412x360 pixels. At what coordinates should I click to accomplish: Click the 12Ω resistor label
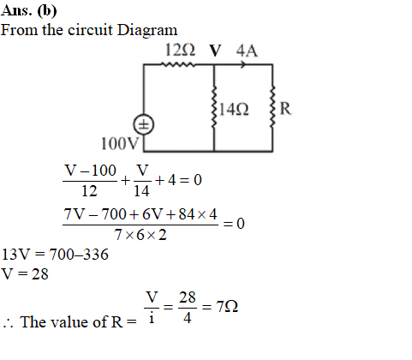[181, 51]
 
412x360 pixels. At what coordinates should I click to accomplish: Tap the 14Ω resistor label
[234, 110]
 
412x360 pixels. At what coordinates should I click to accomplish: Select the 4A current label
[247, 51]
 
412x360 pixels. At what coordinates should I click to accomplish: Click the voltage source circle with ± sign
[144, 125]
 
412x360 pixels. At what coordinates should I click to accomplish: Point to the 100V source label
[120, 143]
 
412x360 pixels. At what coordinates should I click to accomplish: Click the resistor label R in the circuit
[285, 109]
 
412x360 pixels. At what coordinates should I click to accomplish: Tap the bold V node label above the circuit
[215, 51]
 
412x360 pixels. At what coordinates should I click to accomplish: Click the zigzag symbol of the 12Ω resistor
[178, 64]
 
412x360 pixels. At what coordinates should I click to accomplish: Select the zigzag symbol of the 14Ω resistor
[214, 106]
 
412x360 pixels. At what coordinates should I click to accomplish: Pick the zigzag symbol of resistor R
[272, 106]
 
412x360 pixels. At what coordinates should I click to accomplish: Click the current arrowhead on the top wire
[243, 64]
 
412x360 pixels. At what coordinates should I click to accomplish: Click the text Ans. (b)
[29, 11]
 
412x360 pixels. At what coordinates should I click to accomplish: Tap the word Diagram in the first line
[147, 30]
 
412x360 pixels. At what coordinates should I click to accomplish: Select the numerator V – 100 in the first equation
[90, 171]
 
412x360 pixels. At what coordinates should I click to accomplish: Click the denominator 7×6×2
[140, 235]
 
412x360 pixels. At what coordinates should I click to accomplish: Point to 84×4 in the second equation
[198, 214]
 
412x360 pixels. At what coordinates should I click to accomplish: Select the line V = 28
[25, 274]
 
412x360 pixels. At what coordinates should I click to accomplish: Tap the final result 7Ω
[227, 307]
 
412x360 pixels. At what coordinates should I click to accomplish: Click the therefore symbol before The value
[8, 324]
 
